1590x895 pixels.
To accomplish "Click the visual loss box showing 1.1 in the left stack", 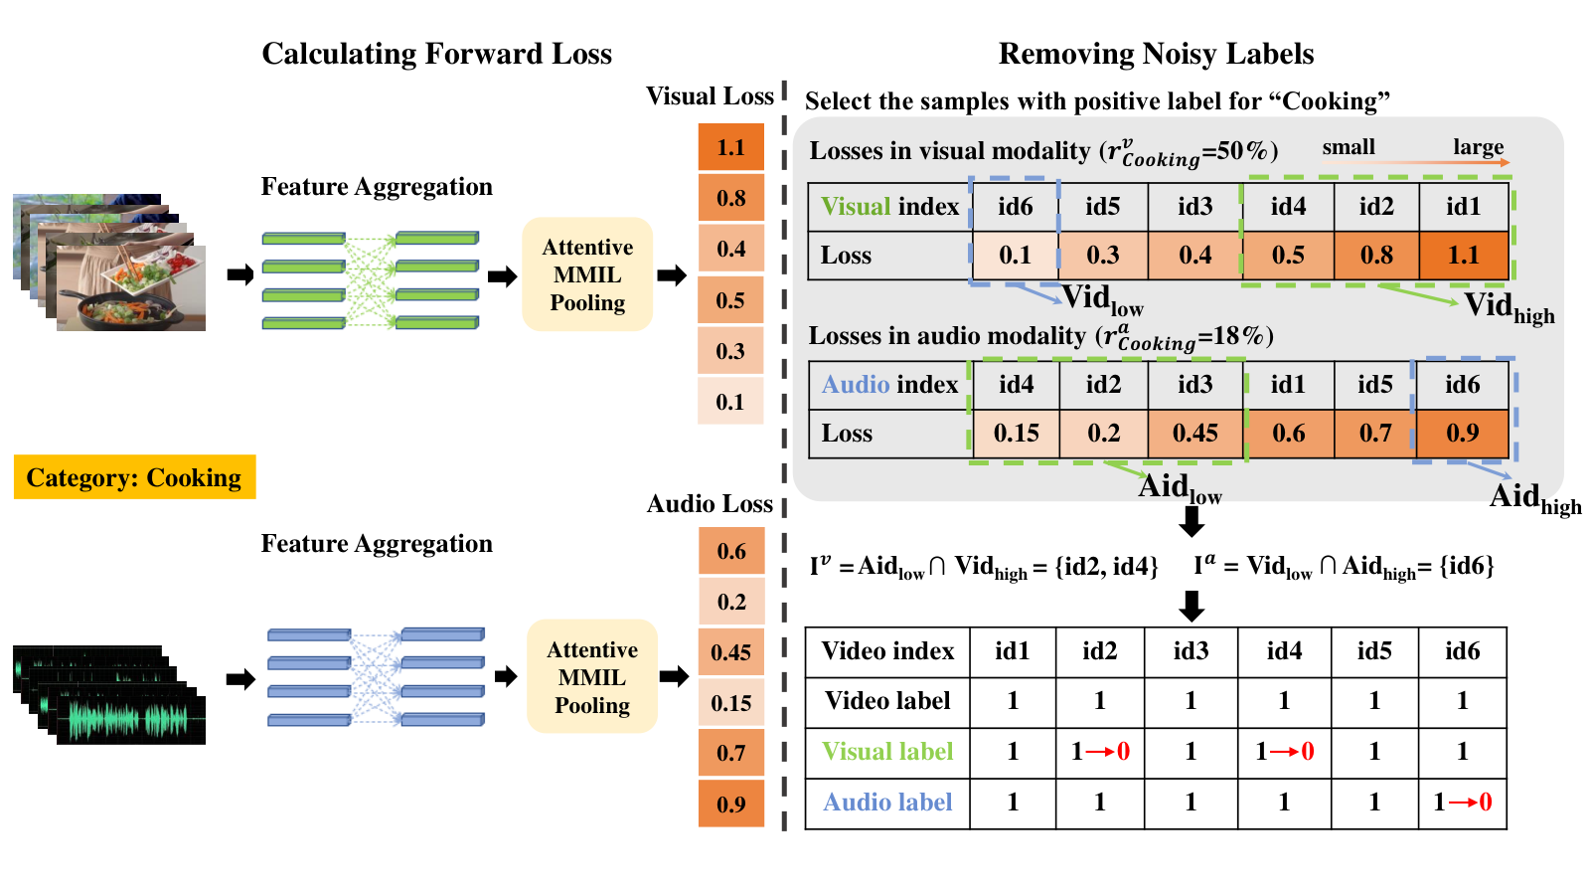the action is click(731, 147).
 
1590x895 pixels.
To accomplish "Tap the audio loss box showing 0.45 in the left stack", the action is click(731, 652).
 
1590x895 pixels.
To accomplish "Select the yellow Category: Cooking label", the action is click(135, 476).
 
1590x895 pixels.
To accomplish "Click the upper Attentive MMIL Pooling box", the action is click(587, 274).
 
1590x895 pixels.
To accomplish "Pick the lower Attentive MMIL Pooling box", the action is click(592, 676).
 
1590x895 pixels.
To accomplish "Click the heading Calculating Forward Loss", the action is click(436, 54).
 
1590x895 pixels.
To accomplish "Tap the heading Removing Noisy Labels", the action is click(1157, 54).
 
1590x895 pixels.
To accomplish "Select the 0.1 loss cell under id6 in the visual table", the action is click(1015, 255).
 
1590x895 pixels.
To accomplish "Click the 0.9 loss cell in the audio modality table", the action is click(1463, 434).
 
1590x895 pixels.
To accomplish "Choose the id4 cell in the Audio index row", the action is click(1016, 385).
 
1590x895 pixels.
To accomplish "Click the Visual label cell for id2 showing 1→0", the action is click(1099, 752).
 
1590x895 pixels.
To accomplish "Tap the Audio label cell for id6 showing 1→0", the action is click(1462, 803).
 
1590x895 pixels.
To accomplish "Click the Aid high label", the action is click(1535, 498).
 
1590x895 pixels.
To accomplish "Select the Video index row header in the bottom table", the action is click(887, 651).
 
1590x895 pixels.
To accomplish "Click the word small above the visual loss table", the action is click(1349, 147).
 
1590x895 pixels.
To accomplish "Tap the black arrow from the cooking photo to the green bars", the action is click(240, 274).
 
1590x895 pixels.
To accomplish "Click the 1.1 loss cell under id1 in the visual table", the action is click(1464, 255).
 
